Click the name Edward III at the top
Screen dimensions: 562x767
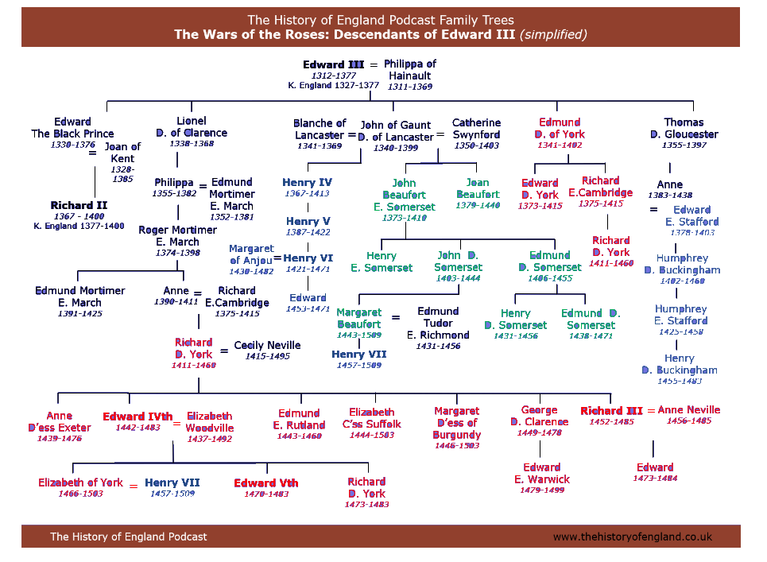tap(333, 64)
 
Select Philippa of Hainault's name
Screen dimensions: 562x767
tap(409, 69)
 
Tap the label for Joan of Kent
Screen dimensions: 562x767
tap(122, 153)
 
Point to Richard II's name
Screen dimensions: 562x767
tap(79, 205)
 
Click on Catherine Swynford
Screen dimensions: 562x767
tap(476, 129)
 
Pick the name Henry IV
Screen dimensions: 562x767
tap(307, 183)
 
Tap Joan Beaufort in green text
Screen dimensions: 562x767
tap(478, 188)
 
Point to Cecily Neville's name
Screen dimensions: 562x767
tap(267, 345)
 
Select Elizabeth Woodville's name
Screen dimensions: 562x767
tap(209, 421)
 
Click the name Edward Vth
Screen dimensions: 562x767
tap(265, 483)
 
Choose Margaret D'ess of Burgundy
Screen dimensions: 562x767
tap(456, 423)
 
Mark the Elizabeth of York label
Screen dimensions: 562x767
tap(80, 483)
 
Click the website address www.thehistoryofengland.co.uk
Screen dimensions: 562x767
tap(632, 537)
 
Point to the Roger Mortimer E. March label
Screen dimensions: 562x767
tap(177, 235)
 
